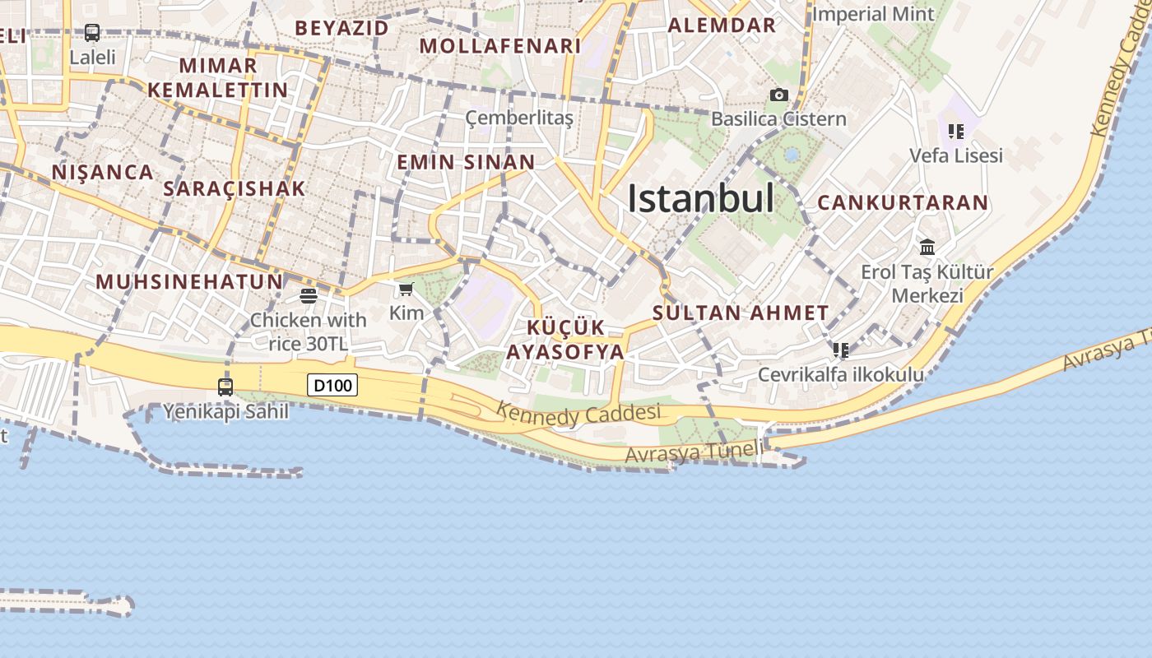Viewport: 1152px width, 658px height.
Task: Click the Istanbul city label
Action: coord(700,199)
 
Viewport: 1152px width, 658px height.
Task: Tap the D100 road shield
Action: coord(332,385)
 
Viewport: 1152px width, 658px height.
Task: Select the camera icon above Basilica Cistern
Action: coord(778,95)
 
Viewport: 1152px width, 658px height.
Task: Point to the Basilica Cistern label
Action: coord(778,119)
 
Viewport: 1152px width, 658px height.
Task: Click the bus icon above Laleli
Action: coord(92,34)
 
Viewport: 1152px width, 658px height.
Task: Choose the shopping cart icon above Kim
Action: coord(406,289)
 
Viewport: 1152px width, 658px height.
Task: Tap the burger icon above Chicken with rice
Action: coord(309,296)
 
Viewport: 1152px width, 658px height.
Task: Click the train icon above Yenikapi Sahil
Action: coord(225,386)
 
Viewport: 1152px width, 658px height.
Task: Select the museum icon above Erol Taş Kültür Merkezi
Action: coord(927,247)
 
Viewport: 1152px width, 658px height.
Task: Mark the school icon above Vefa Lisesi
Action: coord(955,132)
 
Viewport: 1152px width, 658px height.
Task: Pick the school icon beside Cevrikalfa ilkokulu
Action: coord(840,350)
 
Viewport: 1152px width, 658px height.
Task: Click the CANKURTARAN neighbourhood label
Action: coord(903,203)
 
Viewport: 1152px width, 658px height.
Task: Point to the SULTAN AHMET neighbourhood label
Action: coord(741,313)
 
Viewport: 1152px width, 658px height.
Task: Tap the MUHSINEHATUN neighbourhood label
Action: coord(189,282)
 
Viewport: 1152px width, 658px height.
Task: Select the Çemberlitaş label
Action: coord(519,118)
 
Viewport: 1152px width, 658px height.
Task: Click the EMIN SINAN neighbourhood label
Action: coord(466,162)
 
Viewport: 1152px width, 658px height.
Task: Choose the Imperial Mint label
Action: coord(873,15)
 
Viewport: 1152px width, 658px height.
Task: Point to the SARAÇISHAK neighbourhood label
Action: coord(235,188)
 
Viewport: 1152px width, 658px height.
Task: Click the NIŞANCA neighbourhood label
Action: coord(103,173)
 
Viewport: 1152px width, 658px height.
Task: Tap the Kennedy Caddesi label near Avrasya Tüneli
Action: coord(579,414)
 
